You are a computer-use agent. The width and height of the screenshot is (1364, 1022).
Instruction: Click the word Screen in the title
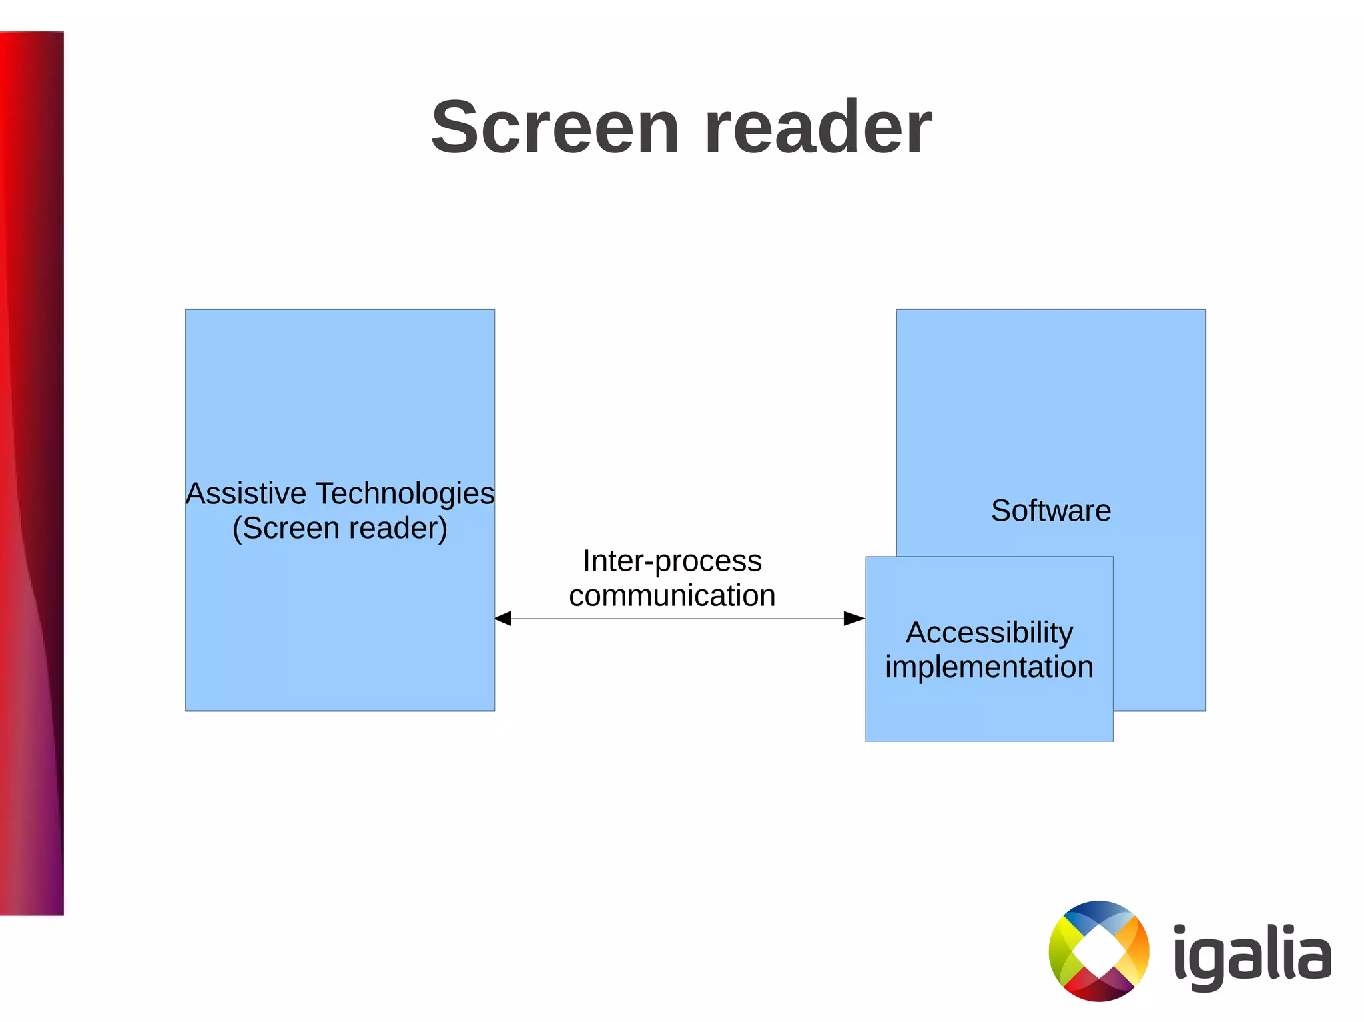click(555, 127)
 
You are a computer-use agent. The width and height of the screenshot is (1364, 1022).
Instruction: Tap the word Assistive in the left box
click(246, 494)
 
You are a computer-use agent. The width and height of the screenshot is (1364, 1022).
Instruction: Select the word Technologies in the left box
click(405, 494)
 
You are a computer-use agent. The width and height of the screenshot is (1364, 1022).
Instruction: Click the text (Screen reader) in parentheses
click(340, 529)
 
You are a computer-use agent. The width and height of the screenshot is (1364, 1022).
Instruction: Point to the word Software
click(1051, 511)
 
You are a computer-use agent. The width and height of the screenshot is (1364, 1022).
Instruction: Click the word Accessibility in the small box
click(989, 633)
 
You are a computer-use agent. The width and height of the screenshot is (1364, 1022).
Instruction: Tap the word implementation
click(989, 667)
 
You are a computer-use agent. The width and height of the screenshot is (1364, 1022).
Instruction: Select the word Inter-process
click(672, 561)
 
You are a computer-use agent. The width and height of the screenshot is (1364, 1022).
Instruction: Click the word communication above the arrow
click(672, 596)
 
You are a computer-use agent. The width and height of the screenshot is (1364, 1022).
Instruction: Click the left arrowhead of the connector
click(504, 619)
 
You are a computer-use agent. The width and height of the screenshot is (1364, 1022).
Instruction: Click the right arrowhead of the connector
click(854, 619)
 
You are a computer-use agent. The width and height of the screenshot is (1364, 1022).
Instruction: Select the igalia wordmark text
click(1252, 956)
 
